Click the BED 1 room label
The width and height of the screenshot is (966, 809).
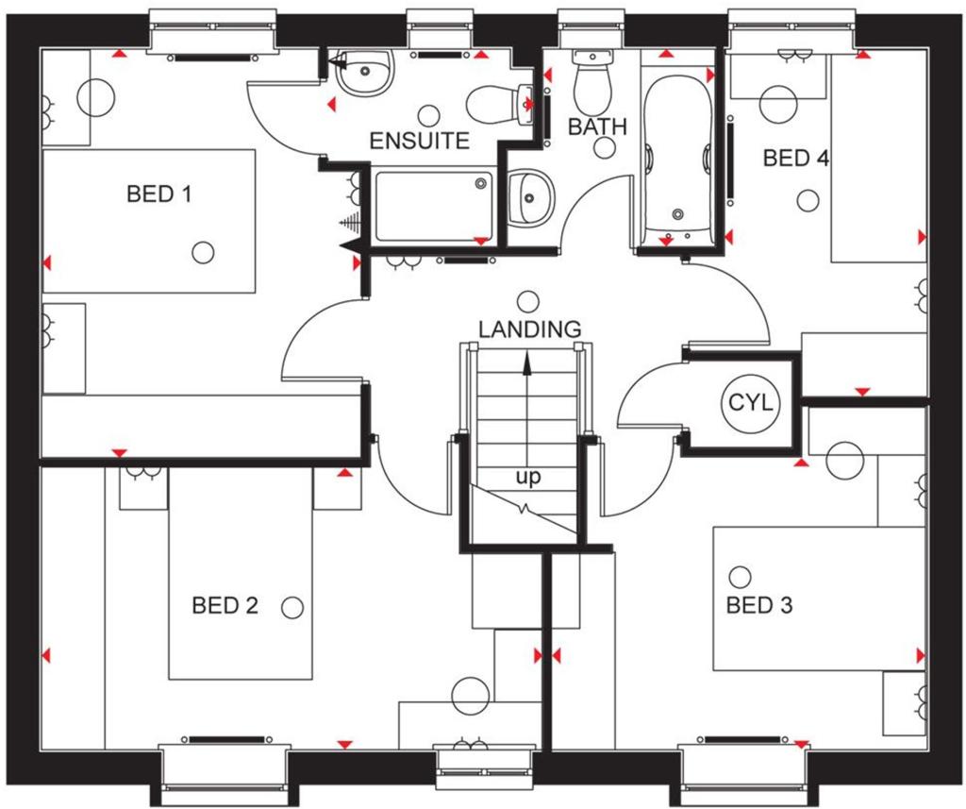(158, 194)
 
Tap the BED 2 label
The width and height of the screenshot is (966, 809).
(225, 605)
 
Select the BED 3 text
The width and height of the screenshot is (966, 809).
(759, 605)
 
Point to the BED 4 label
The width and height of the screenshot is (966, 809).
(796, 158)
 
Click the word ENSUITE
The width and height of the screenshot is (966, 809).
(420, 142)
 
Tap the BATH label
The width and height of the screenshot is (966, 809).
(597, 126)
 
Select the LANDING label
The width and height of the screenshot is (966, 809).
(530, 329)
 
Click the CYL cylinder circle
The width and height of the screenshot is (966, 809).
(750, 403)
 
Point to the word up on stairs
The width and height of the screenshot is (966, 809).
(528, 477)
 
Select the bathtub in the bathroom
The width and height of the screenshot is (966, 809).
(677, 160)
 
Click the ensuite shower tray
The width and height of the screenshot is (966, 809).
(434, 207)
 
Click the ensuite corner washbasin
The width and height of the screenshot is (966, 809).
(364, 72)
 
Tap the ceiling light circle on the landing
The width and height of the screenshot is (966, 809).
(527, 302)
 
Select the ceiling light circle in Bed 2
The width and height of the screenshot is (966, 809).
(292, 608)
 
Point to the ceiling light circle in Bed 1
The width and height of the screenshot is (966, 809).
(203, 252)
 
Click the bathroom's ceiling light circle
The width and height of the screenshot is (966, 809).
(606, 148)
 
